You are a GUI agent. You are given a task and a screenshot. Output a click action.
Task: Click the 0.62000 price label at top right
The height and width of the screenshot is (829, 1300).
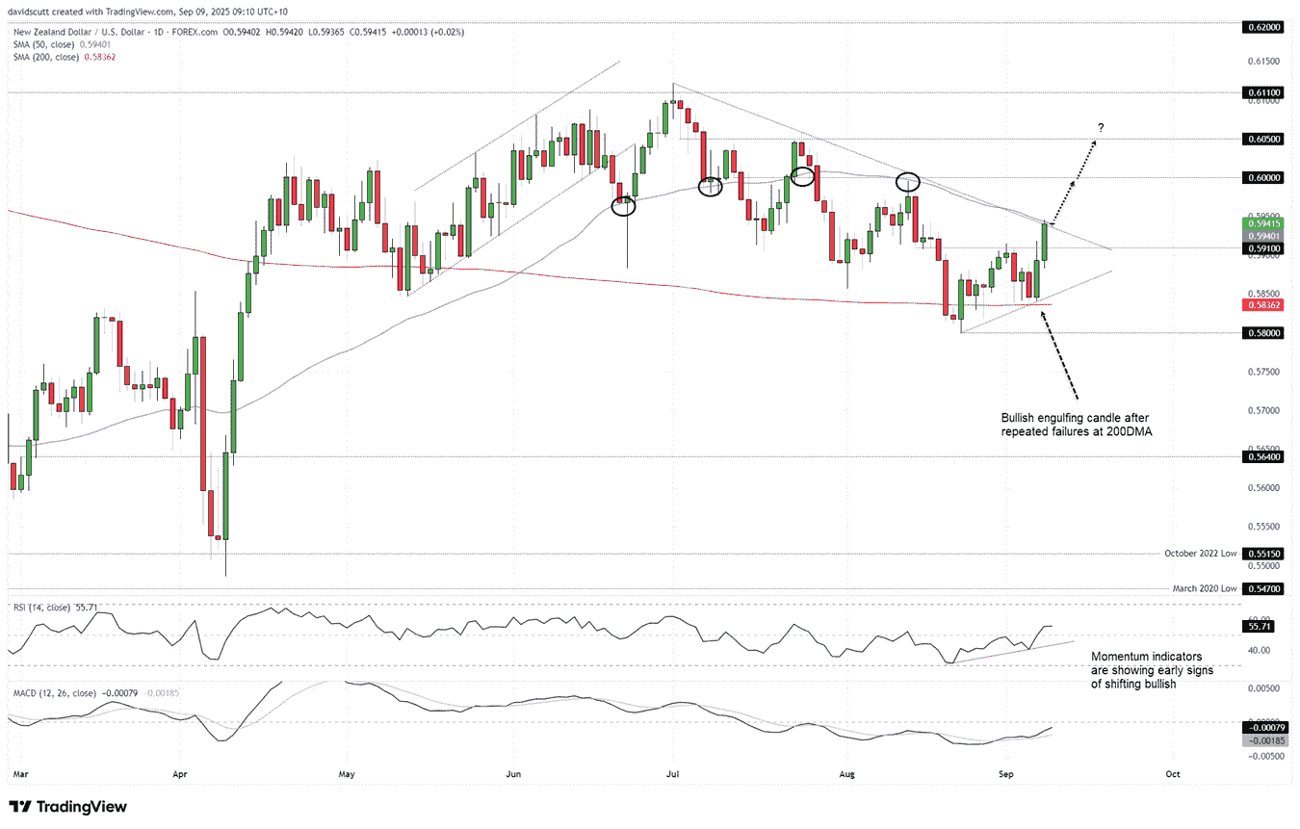coord(1264,28)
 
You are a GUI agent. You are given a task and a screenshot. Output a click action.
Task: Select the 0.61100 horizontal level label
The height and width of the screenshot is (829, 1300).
coord(1264,92)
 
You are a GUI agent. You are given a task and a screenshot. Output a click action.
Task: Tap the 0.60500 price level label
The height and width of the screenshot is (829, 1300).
coord(1264,139)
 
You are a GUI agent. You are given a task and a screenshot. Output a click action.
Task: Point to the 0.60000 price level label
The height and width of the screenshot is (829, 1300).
coord(1264,177)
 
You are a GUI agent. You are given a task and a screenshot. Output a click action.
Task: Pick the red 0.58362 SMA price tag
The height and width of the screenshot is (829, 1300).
coord(1264,304)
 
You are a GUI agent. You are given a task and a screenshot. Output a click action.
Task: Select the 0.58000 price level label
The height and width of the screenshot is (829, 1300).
coord(1264,332)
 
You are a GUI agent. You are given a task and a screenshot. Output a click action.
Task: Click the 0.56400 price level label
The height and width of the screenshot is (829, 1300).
coord(1264,457)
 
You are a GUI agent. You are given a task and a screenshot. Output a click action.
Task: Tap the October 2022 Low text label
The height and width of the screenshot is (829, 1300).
coord(1199,554)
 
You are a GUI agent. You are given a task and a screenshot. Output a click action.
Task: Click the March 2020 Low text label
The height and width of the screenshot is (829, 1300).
coord(1204,586)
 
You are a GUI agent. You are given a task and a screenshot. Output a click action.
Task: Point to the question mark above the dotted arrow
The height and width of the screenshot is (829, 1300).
coord(1101,128)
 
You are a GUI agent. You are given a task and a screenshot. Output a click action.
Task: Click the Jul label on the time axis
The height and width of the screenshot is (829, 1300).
coord(672,772)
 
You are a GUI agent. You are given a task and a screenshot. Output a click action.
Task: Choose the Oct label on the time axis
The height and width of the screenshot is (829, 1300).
coord(1172,772)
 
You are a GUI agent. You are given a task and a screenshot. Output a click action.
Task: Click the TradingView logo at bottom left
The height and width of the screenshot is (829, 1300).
coord(67,807)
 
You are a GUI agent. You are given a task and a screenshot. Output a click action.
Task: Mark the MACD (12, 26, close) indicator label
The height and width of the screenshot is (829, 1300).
coord(53,692)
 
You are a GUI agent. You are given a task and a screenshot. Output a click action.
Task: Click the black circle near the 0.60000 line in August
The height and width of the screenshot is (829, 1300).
coord(908,180)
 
